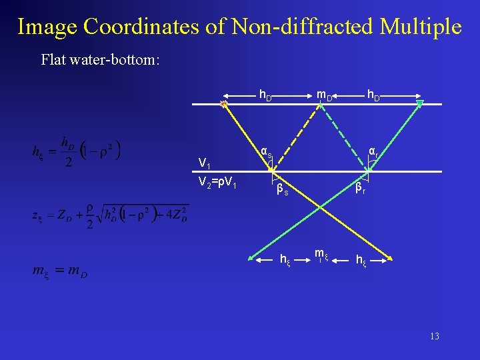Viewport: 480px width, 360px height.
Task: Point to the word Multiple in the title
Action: click(x=420, y=27)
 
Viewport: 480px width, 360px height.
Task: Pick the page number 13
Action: click(x=434, y=336)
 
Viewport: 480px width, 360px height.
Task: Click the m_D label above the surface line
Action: click(x=325, y=96)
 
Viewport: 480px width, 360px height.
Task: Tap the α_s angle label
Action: click(x=266, y=153)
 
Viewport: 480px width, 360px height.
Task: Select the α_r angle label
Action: click(x=374, y=153)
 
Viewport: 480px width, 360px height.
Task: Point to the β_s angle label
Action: click(x=283, y=190)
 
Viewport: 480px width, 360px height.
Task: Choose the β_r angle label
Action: click(x=360, y=189)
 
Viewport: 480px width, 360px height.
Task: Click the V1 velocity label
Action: click(x=205, y=165)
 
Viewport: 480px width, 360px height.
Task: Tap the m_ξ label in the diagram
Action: click(x=321, y=254)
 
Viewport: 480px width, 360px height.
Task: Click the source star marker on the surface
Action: click(x=225, y=104)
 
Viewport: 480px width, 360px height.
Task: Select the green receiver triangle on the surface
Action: click(x=420, y=103)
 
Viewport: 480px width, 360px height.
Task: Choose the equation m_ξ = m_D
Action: click(x=60, y=271)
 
